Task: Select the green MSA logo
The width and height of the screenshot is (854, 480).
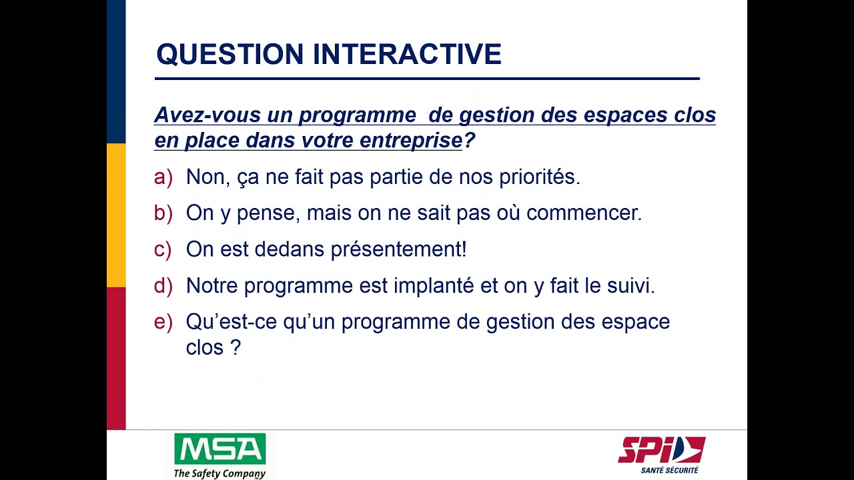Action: pos(220,450)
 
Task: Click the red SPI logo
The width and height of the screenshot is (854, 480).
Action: pos(661,450)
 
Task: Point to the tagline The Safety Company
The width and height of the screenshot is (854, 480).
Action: pos(220,473)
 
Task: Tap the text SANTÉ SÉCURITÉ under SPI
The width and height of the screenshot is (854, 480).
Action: pos(669,470)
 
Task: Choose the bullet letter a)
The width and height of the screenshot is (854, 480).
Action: pos(163,177)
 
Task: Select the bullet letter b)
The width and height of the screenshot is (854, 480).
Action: pos(163,213)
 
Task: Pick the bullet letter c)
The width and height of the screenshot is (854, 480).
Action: pos(163,249)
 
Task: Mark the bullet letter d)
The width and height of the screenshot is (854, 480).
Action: pos(163,285)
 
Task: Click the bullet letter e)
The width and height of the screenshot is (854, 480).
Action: pos(163,322)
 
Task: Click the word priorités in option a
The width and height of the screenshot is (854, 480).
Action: pos(540,177)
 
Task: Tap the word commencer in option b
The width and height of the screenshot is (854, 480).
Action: pos(584,213)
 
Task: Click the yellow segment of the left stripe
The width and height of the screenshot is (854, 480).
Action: pos(116,215)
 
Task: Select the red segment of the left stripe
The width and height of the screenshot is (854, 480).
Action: pos(116,358)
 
